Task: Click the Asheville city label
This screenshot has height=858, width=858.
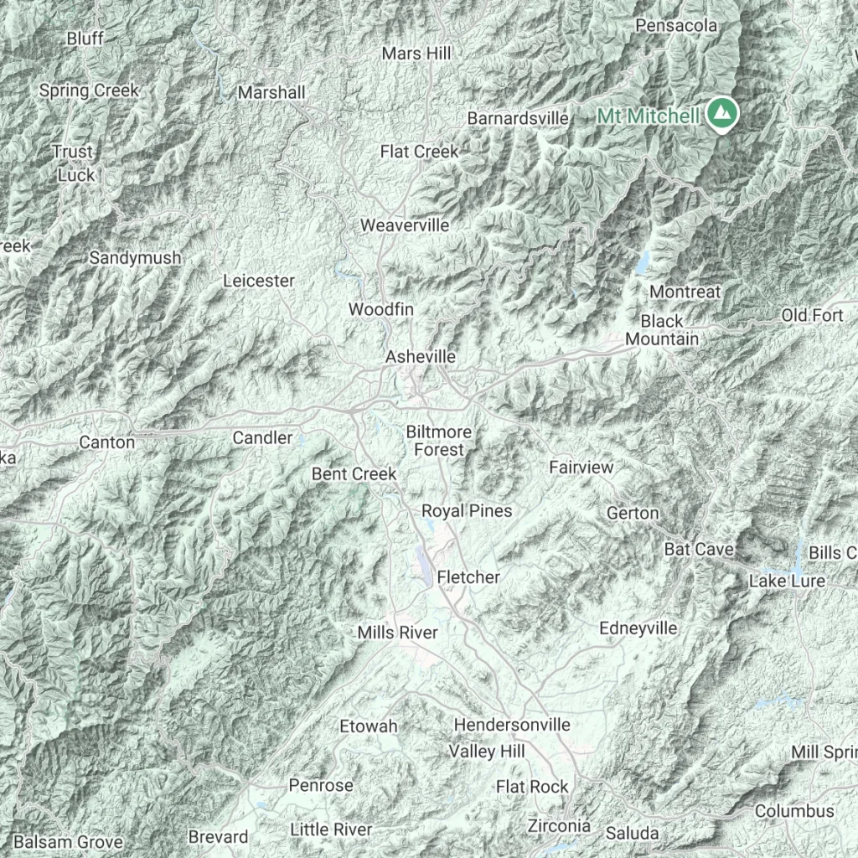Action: point(421,357)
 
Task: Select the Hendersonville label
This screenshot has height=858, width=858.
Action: point(512,724)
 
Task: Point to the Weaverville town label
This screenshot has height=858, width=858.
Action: point(405,225)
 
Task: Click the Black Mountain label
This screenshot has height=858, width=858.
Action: point(662,330)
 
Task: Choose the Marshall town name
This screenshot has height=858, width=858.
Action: point(271,92)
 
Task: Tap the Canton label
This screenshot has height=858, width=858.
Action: point(106,442)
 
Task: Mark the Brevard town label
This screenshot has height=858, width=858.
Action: point(218,836)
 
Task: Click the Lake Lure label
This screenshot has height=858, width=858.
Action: point(787,581)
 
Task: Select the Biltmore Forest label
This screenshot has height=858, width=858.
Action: point(438,441)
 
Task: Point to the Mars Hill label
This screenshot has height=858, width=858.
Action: point(416,54)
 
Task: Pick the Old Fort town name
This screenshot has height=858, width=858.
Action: point(812,315)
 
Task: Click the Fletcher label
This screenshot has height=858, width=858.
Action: point(468,576)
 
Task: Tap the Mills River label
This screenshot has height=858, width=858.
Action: point(397,633)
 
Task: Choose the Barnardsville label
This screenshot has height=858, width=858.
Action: point(518,118)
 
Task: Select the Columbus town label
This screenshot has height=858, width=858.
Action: point(794,810)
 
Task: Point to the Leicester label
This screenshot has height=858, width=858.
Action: point(259,281)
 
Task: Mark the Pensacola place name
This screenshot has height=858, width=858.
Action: point(676,26)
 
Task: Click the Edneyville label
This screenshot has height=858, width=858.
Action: point(638,628)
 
